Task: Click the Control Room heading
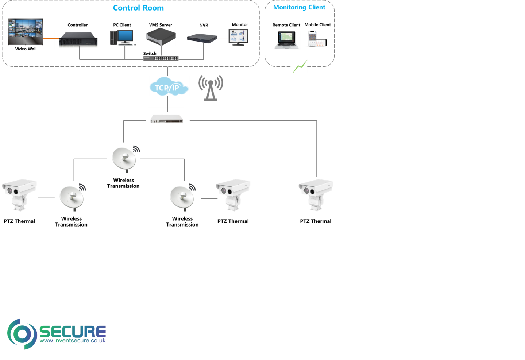(138, 8)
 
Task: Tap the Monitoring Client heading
(299, 7)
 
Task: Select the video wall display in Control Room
(26, 32)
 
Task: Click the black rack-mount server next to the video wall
(76, 39)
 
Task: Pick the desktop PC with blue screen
(123, 38)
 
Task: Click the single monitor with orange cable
(238, 37)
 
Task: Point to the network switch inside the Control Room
(161, 58)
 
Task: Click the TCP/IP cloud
(169, 86)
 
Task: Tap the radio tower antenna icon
(211, 88)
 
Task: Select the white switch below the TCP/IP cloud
(166, 119)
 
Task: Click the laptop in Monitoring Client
(286, 40)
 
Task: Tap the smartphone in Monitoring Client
(312, 38)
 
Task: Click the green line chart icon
(300, 66)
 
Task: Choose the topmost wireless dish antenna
(124, 158)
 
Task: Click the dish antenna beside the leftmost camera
(72, 197)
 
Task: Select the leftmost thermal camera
(19, 194)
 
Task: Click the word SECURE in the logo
(72, 331)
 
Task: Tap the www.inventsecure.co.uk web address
(73, 341)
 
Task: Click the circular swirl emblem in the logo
(22, 334)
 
